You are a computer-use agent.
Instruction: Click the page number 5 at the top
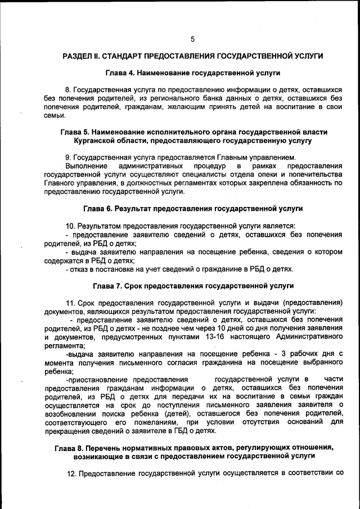coord(192,39)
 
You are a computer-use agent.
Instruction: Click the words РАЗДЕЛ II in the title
coord(83,57)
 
